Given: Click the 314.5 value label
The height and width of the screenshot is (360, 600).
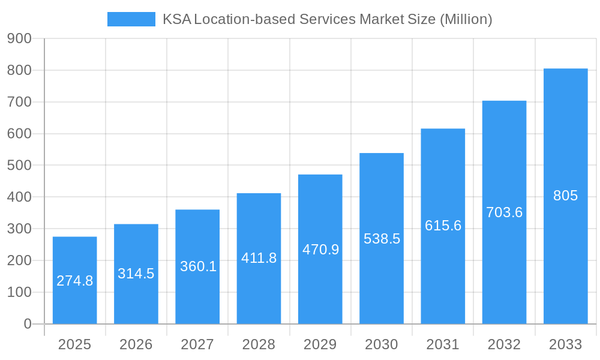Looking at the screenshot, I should click(x=136, y=274).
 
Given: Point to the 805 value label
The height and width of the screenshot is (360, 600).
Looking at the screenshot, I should click(x=565, y=196).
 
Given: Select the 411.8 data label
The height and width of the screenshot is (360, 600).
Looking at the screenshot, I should click(x=259, y=258).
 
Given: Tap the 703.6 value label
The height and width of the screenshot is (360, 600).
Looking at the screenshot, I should click(x=504, y=212).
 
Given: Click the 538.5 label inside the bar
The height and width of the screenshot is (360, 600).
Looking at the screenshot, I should click(x=382, y=239).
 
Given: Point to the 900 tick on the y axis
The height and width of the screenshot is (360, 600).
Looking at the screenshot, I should click(x=19, y=38).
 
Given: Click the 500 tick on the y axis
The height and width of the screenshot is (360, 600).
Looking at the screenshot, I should click(x=19, y=166).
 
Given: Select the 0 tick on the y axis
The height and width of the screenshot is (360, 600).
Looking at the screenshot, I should click(x=27, y=324).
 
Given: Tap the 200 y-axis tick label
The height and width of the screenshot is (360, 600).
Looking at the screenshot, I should click(x=19, y=260).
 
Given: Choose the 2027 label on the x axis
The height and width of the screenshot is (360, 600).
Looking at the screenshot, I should click(x=197, y=344).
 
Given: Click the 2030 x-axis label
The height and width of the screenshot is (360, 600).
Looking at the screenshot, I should click(x=382, y=344).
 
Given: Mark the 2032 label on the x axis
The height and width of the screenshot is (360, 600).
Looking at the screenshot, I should click(x=504, y=344).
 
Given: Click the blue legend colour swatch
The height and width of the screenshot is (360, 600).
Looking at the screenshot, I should click(x=131, y=19).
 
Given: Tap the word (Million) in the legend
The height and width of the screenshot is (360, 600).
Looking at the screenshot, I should click(x=466, y=19).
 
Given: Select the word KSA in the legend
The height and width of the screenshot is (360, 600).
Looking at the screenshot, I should click(x=177, y=19).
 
